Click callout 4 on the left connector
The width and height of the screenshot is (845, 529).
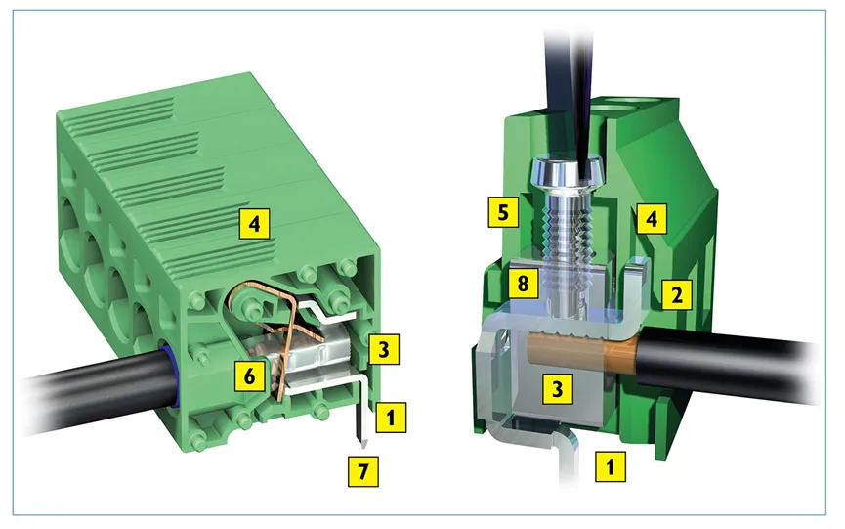255,223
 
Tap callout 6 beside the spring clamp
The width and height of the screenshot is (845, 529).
249,375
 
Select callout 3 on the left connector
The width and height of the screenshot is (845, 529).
383,349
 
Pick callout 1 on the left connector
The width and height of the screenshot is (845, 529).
391,417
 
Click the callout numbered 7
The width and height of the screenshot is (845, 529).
363,470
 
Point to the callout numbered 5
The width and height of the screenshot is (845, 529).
503,212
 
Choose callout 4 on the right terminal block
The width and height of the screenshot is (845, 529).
652,218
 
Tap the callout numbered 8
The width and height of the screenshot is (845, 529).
523,283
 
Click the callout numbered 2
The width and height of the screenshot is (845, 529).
677,294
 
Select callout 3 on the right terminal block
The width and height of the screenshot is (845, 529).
557,388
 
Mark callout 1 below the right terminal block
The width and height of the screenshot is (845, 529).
611,465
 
